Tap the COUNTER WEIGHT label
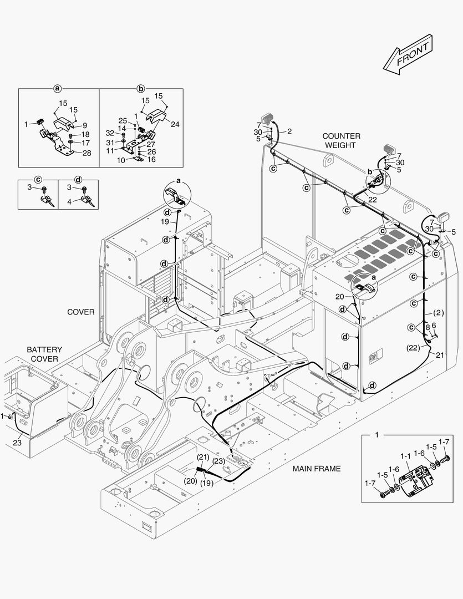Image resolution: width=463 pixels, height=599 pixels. [341, 140]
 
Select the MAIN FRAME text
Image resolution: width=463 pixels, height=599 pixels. [317, 469]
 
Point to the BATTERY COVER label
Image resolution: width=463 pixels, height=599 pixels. [44, 354]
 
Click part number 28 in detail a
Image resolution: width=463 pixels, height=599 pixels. [87, 153]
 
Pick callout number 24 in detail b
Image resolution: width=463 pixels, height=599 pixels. [175, 125]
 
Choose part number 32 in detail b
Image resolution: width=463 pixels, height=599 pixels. [110, 133]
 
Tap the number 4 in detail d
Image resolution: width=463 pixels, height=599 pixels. [69, 202]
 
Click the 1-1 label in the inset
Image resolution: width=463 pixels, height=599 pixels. [405, 455]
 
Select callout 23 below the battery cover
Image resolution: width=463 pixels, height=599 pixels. [17, 443]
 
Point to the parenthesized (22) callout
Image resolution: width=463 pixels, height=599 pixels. [413, 348]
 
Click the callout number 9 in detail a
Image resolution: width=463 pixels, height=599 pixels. [85, 125]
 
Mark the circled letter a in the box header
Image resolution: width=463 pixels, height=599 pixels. [57, 88]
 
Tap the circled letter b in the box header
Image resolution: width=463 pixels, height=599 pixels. [141, 88]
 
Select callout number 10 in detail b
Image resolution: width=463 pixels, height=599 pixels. [120, 160]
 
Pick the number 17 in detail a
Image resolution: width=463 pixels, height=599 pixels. [85, 143]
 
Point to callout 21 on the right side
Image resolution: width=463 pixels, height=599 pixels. [440, 354]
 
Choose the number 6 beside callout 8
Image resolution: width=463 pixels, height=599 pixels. [434, 326]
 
